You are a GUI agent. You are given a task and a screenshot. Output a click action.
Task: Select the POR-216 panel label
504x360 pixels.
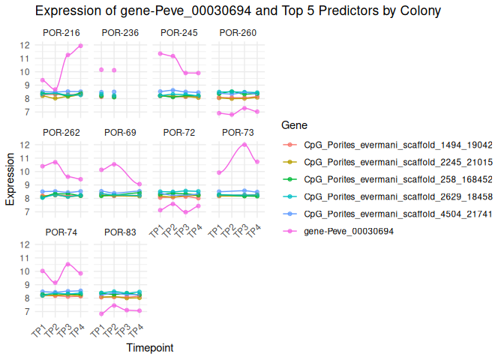click(x=61, y=32)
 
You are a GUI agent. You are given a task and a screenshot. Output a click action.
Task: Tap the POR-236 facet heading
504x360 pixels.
click(x=120, y=32)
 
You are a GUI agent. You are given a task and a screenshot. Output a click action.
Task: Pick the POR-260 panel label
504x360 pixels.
click(x=236, y=32)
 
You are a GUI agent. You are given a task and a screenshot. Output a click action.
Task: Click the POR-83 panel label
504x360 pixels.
click(x=120, y=232)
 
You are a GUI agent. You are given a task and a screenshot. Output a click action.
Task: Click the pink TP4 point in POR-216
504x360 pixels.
click(x=80, y=46)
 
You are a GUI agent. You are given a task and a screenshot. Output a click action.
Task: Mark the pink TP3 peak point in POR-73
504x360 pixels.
click(x=244, y=145)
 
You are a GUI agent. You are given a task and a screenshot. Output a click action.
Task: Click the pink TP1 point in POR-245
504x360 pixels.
click(x=160, y=53)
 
